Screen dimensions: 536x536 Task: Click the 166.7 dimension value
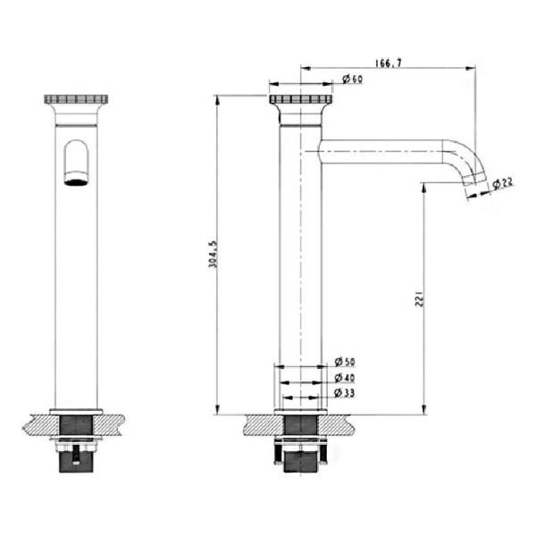tap(389, 63)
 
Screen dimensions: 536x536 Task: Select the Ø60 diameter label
tap(353, 79)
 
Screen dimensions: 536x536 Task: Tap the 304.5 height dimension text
tap(213, 254)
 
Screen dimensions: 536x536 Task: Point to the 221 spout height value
tap(420, 298)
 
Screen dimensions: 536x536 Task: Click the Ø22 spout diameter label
tap(503, 183)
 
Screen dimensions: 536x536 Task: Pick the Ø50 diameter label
tap(345, 362)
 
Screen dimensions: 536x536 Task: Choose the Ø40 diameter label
tap(345, 378)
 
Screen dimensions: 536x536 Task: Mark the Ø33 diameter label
tap(344, 393)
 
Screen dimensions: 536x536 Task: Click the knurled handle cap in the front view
tap(76, 99)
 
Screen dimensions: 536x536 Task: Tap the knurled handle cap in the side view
tap(300, 99)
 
